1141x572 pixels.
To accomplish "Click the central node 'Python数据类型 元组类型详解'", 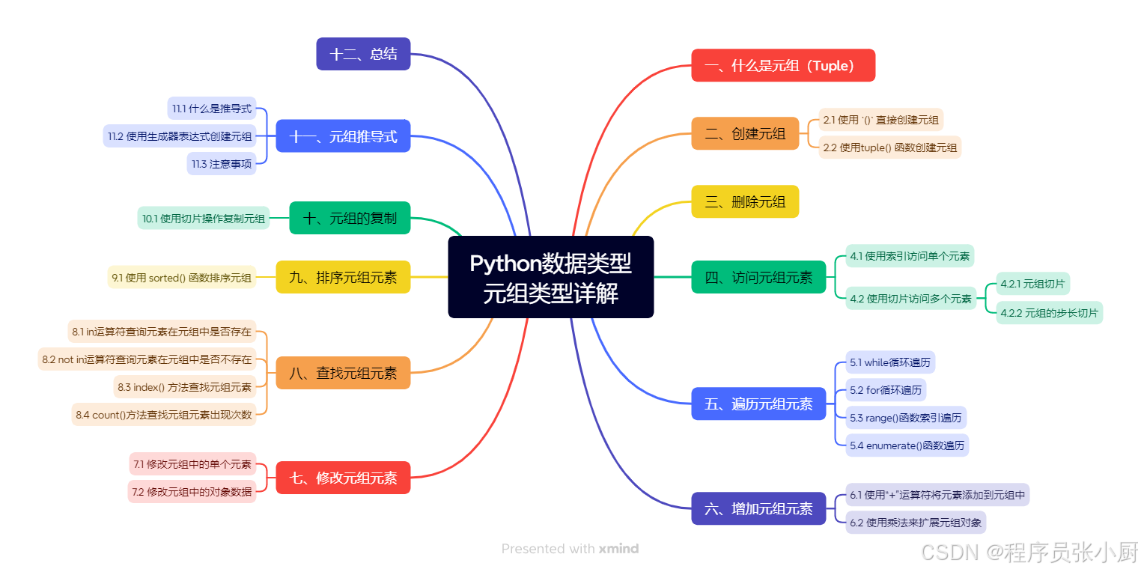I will [550, 277].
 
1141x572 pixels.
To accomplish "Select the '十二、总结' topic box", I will [363, 54].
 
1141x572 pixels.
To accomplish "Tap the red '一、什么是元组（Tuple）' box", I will [782, 65].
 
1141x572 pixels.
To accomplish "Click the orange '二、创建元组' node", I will [745, 133].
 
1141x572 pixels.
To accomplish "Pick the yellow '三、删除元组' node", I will [745, 201].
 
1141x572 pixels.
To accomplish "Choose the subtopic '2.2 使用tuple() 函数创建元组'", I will [889, 147].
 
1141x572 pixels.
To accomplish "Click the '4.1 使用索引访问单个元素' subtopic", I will [910, 256].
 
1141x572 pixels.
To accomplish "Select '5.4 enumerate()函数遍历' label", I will [907, 445].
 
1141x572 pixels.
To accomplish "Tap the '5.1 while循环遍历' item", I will [889, 362].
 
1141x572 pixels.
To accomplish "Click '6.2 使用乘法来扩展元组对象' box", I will [915, 522].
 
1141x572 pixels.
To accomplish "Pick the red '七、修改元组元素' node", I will [343, 478].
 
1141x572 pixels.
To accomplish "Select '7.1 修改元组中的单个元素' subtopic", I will [192, 464].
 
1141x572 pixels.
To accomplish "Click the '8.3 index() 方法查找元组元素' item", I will [184, 387].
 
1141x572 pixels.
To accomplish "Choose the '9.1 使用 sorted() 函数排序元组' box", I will [181, 278].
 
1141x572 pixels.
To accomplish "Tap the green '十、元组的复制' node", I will [350, 218].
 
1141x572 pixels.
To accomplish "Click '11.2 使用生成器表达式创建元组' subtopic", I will [180, 136].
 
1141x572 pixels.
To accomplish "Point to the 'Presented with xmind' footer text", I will [570, 549].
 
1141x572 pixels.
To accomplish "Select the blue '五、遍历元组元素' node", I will [758, 404].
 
